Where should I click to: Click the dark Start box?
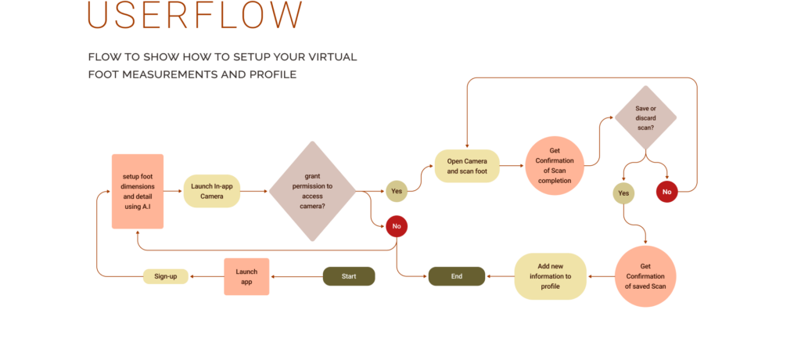[x=349, y=276]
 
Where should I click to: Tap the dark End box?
[x=457, y=276]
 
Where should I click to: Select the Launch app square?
[x=246, y=276]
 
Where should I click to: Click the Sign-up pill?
[x=166, y=276]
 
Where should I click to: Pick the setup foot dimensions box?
[x=138, y=191]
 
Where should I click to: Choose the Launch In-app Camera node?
[x=212, y=191]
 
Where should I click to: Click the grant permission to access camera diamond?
[x=312, y=191]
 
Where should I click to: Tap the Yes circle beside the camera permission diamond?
[x=397, y=191]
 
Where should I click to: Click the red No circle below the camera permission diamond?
[x=397, y=226]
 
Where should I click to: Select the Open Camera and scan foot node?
[x=467, y=166]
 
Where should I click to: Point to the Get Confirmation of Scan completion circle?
[x=555, y=166]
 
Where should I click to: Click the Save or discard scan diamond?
[x=645, y=117]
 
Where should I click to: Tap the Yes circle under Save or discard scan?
[x=623, y=193]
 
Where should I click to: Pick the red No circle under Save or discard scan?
[x=666, y=192]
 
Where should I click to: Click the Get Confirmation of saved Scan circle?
[x=645, y=276]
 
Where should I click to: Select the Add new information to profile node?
[x=550, y=276]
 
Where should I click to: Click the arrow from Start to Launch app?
[x=296, y=276]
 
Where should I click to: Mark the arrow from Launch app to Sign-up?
[x=207, y=276]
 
